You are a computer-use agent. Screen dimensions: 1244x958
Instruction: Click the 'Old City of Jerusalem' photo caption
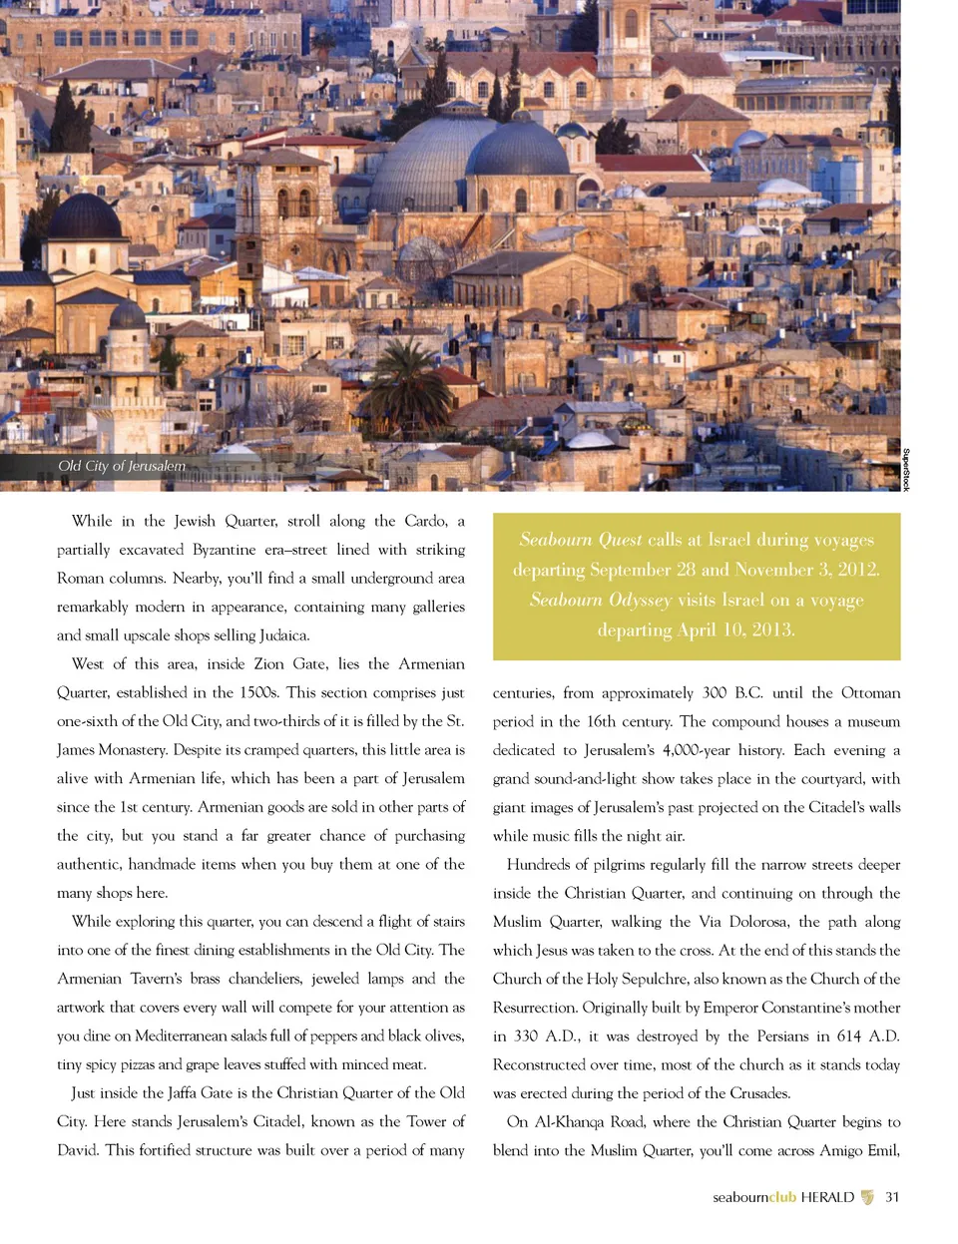(122, 466)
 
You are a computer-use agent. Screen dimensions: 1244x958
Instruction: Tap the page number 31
(892, 1197)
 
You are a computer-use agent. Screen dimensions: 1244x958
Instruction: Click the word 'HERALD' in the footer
(827, 1197)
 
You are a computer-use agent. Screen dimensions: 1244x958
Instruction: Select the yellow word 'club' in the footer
(782, 1197)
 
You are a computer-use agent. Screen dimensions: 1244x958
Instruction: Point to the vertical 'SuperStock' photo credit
(905, 469)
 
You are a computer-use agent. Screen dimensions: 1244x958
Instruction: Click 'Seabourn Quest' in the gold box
(581, 540)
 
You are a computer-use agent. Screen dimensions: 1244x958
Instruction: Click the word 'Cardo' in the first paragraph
(425, 521)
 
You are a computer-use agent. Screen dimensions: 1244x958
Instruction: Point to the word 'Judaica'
(283, 635)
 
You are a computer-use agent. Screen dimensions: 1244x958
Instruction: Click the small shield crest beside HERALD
(867, 1197)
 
